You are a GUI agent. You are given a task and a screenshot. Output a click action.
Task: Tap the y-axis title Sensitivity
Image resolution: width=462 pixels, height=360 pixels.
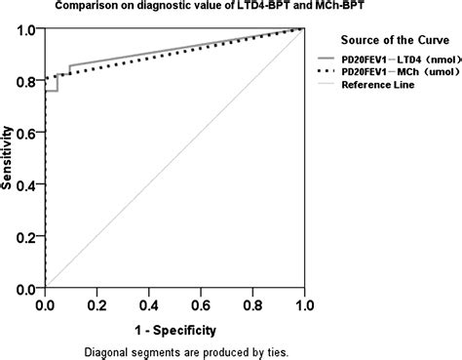9,159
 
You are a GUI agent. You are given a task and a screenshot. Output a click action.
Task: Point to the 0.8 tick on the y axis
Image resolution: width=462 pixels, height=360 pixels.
28,81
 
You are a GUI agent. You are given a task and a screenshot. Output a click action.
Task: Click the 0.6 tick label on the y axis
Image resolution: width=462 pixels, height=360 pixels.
28,134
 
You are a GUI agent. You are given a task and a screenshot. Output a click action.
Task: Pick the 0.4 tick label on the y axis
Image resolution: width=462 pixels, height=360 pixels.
28,185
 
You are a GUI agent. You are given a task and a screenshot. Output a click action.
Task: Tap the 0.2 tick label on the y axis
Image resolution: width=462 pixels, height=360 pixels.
28,238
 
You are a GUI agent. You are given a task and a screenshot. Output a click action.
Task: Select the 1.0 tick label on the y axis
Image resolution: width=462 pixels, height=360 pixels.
28,29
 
